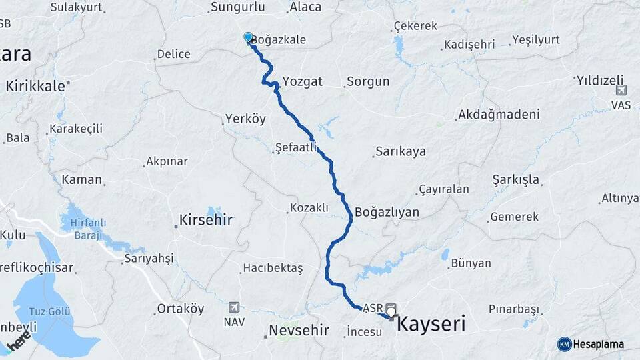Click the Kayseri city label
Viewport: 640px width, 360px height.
coord(431,325)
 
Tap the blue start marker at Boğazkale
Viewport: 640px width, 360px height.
coord(248,37)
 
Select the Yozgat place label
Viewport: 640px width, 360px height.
coord(302,81)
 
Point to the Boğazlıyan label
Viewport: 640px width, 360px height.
coord(387,212)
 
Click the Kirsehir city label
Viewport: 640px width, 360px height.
coord(206,219)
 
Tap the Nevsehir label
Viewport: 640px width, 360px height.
coord(300,330)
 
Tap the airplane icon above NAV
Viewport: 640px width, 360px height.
coord(234,307)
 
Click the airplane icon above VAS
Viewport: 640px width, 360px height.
coord(621,91)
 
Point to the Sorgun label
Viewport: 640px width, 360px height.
coord(367,83)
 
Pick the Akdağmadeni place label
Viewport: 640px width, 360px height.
coord(498,115)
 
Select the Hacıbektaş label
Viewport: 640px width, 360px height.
coord(273,268)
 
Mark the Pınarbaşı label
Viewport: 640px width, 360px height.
coord(513,309)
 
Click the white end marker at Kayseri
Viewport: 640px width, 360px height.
coord(390,311)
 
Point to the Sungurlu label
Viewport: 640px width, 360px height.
coord(237,7)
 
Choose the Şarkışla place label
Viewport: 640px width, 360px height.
coord(516,180)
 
